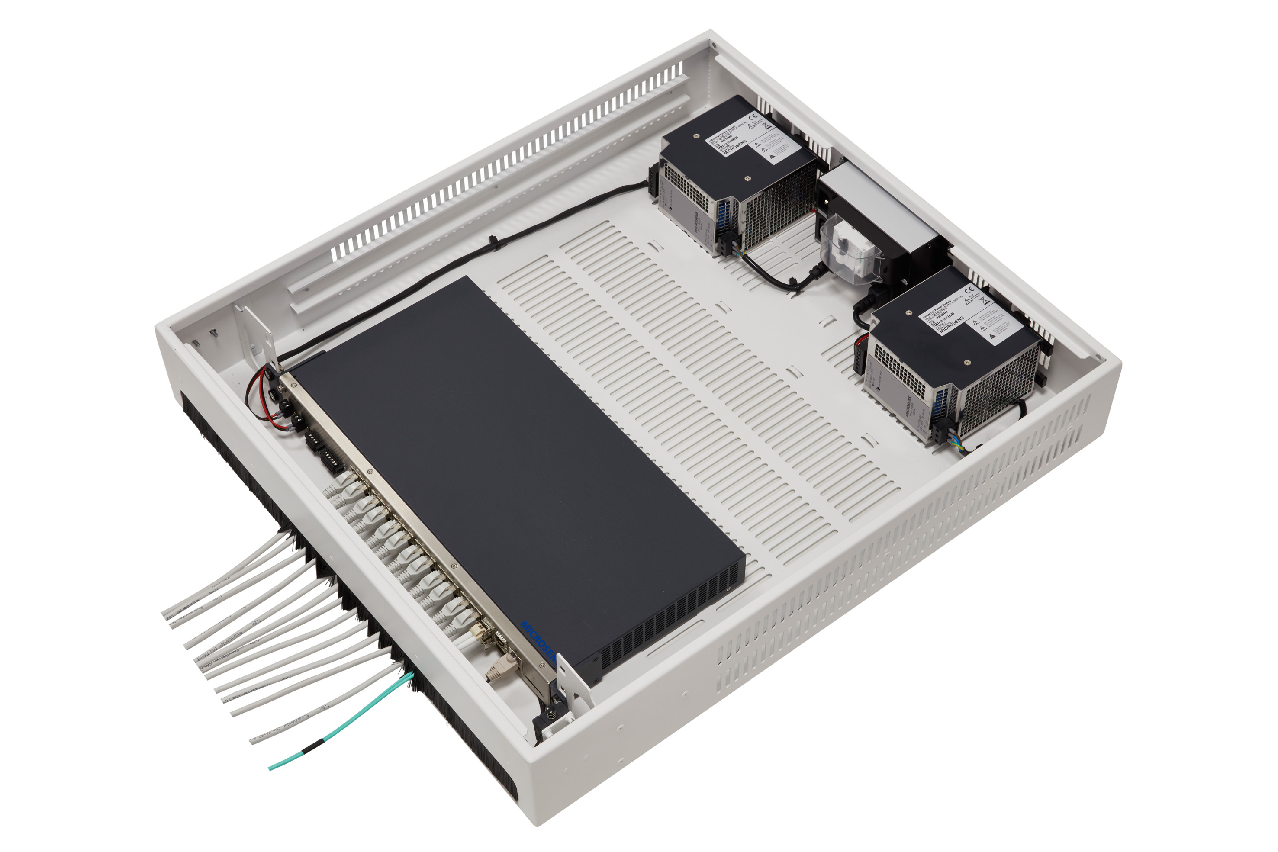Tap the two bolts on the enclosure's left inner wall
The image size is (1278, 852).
[204, 337]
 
